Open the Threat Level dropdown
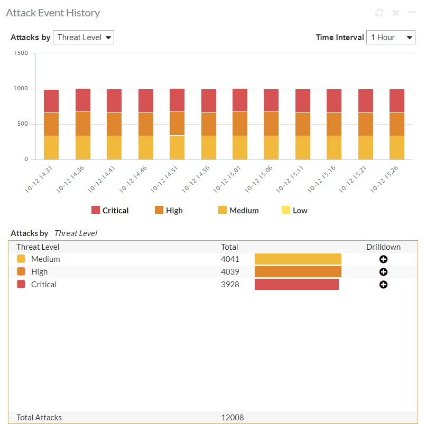pyautogui.click(x=84, y=37)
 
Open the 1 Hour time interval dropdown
pyautogui.click(x=391, y=37)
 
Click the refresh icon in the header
pyautogui.click(x=379, y=13)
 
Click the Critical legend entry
pyautogui.click(x=110, y=210)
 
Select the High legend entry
pyautogui.click(x=169, y=210)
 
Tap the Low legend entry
pyautogui.click(x=294, y=210)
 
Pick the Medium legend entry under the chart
pyautogui.click(x=238, y=210)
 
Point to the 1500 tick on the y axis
pyautogui.click(x=21, y=53)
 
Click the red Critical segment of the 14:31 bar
pyautogui.click(x=51, y=101)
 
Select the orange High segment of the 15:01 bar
pyautogui.click(x=240, y=124)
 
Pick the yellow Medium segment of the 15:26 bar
pyautogui.click(x=397, y=148)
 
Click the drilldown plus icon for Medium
pyautogui.click(x=384, y=259)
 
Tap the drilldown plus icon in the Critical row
pyautogui.click(x=384, y=285)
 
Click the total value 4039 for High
pyautogui.click(x=230, y=272)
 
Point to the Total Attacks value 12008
pyautogui.click(x=232, y=418)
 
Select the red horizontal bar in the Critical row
pyautogui.click(x=297, y=285)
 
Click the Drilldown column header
pyautogui.click(x=383, y=247)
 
